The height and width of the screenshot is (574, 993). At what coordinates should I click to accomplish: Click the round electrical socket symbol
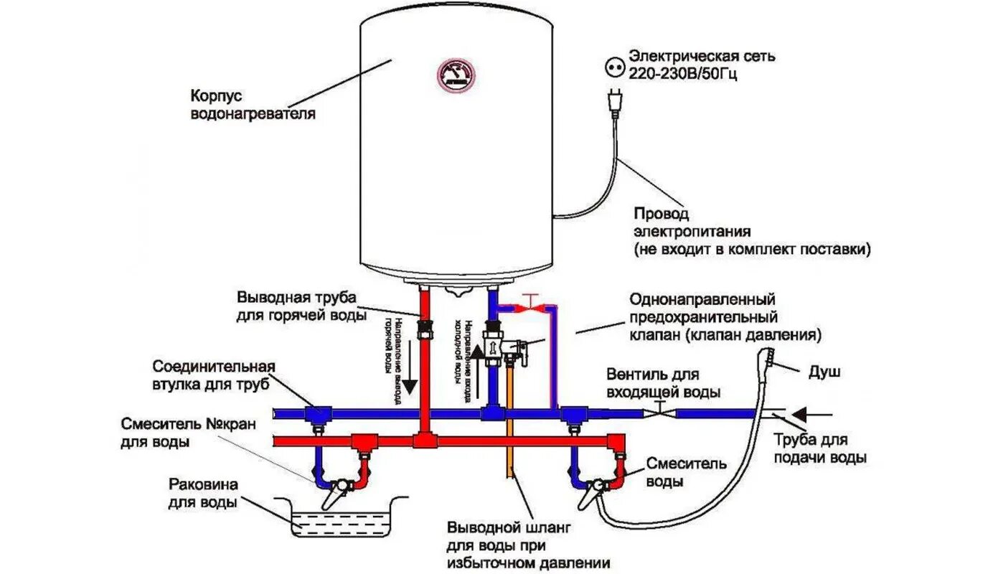(x=614, y=67)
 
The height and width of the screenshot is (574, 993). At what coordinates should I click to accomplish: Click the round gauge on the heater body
(x=457, y=75)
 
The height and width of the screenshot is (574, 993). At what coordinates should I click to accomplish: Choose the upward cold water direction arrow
(x=474, y=362)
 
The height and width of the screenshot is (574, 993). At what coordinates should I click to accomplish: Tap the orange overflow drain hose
(x=511, y=423)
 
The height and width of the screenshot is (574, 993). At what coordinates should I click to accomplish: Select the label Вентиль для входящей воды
(x=663, y=383)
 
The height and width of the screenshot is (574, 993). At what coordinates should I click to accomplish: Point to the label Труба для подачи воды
(x=821, y=448)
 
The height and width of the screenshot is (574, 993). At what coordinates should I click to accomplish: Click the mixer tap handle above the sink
(x=331, y=494)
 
